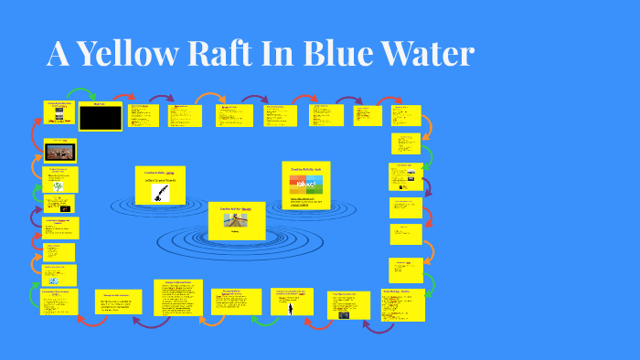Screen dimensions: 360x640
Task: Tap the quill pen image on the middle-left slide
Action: click(160, 192)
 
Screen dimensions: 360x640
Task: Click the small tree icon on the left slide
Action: click(59, 185)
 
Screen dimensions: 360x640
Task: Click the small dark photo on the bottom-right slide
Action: click(344, 313)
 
